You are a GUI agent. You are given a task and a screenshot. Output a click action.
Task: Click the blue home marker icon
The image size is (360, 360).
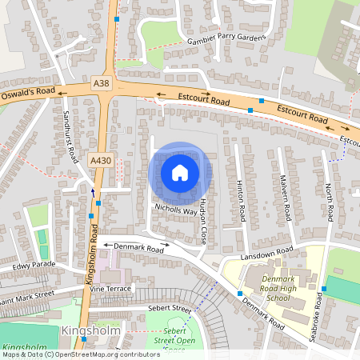coord(180,173)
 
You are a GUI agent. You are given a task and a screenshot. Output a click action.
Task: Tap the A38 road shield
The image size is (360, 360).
coord(101,83)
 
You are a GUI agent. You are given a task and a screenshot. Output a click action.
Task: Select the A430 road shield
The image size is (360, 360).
coord(101,160)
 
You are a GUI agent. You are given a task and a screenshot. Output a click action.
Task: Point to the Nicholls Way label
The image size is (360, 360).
coord(175,211)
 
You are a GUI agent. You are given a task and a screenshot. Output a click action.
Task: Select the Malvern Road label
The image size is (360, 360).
coord(285,198)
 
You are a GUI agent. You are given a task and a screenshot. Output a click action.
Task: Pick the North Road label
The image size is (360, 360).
coord(329,202)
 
